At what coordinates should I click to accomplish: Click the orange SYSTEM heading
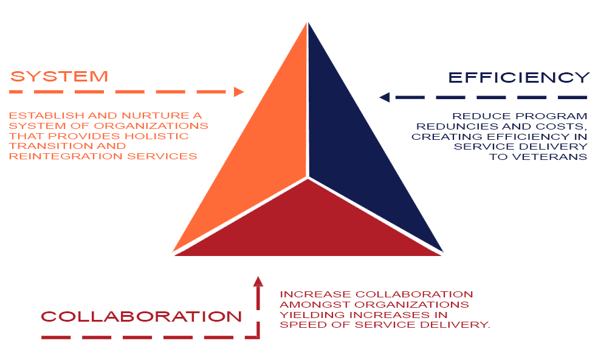(59, 77)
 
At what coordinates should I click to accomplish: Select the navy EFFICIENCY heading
(518, 77)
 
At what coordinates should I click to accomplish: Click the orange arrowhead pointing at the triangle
(239, 92)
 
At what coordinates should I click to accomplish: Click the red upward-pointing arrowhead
(258, 281)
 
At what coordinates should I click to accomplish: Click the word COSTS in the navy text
(567, 126)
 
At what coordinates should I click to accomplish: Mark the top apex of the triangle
(308, 22)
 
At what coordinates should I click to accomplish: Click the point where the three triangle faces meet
(308, 178)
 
